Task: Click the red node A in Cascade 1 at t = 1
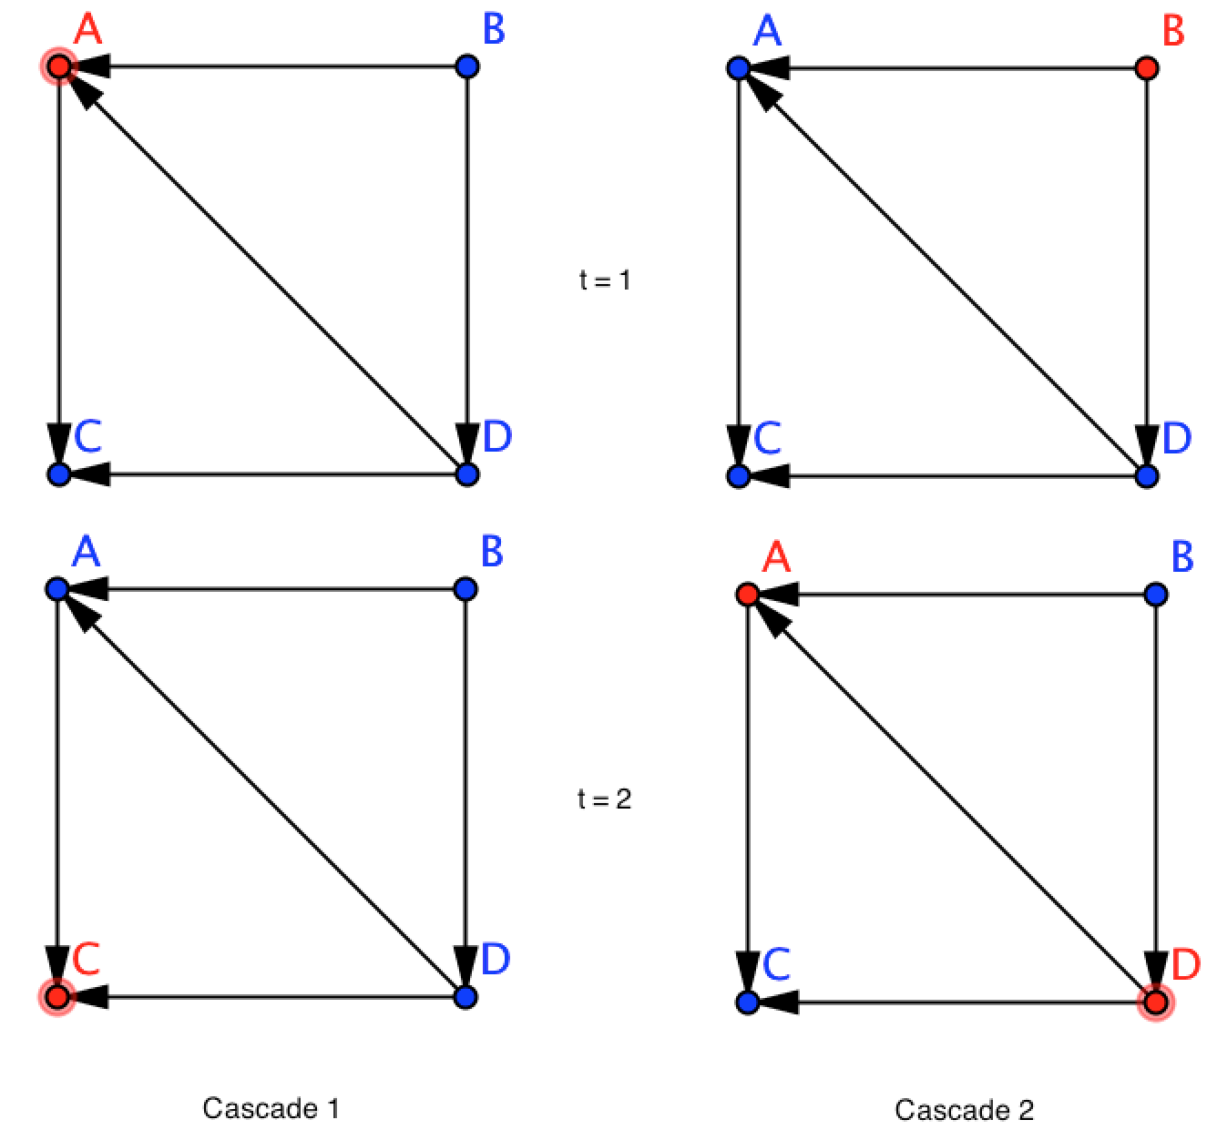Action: pyautogui.click(x=58, y=66)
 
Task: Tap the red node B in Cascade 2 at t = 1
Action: pyautogui.click(x=1147, y=68)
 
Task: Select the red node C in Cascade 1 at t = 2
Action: pyautogui.click(x=57, y=997)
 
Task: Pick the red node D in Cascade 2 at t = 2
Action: pyautogui.click(x=1156, y=1003)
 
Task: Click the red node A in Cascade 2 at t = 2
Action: pyautogui.click(x=747, y=595)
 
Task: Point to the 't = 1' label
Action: pyautogui.click(x=605, y=280)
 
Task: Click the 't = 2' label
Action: pyautogui.click(x=605, y=799)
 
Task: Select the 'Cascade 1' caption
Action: pyautogui.click(x=271, y=1108)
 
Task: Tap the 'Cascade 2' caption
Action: pyautogui.click(x=964, y=1110)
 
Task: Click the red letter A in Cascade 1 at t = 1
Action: pyautogui.click(x=88, y=29)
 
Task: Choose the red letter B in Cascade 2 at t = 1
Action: pyautogui.click(x=1173, y=32)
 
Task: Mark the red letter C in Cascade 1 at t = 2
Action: pyautogui.click(x=86, y=959)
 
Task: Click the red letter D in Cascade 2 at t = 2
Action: pyautogui.click(x=1184, y=964)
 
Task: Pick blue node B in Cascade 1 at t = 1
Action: pyautogui.click(x=466, y=66)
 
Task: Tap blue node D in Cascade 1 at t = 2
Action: pyautogui.click(x=465, y=997)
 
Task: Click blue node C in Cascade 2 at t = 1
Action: pyautogui.click(x=739, y=475)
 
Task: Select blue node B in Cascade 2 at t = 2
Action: pyautogui.click(x=1156, y=595)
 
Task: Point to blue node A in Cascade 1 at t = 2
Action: pyautogui.click(x=57, y=589)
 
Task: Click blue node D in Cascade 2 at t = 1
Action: pyautogui.click(x=1147, y=475)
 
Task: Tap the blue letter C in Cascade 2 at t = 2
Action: pyautogui.click(x=776, y=965)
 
